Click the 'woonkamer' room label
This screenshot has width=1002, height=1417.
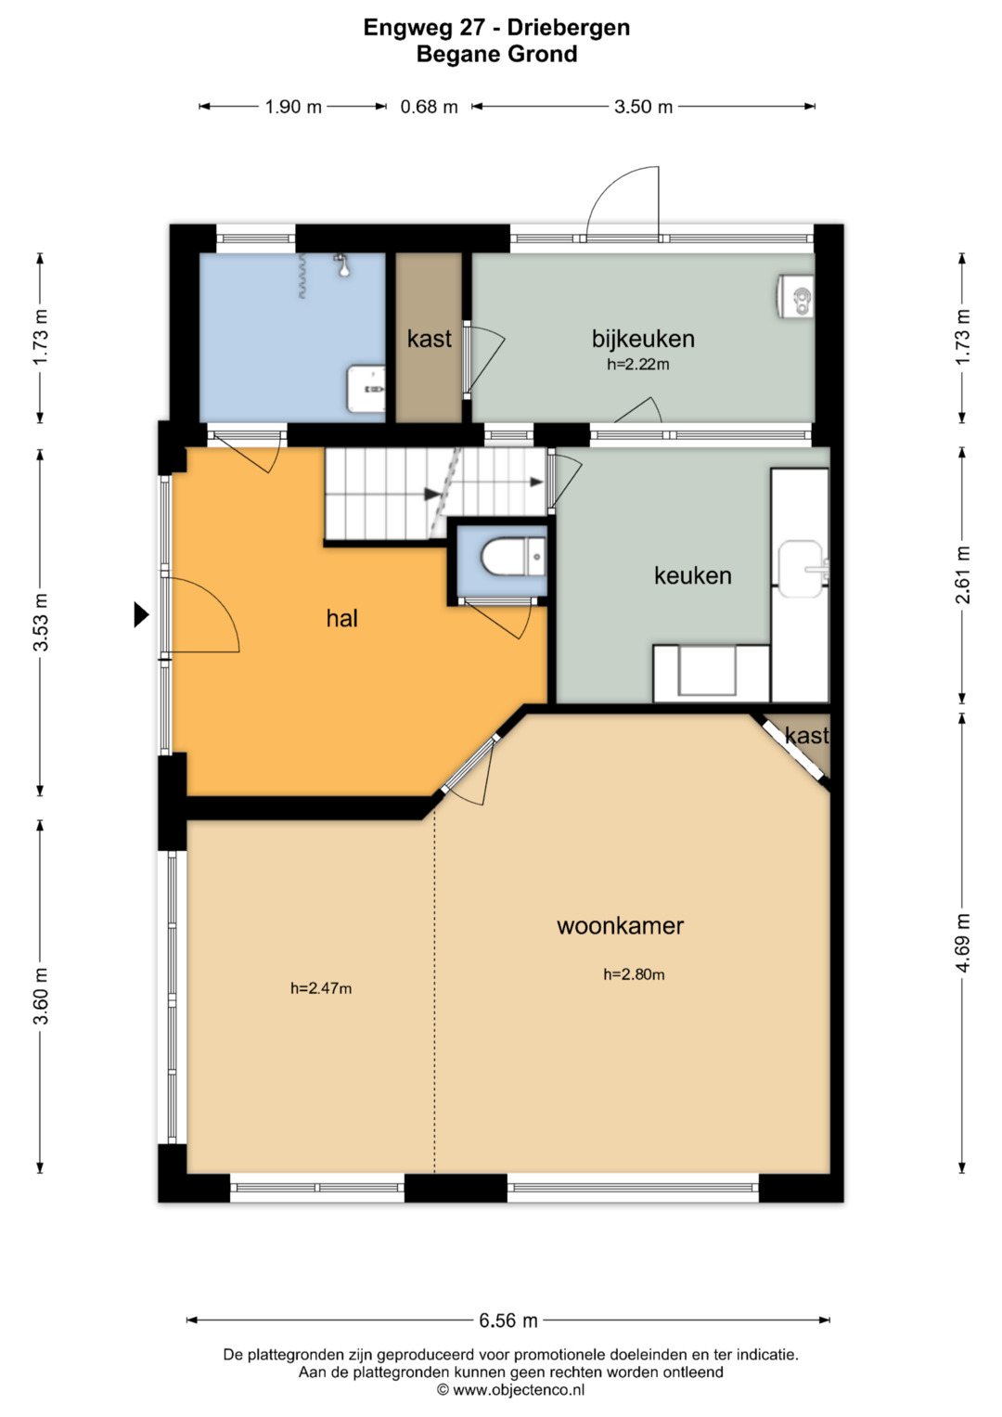click(620, 926)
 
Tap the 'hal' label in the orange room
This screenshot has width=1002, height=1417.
click(341, 618)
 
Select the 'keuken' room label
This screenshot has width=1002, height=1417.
click(693, 575)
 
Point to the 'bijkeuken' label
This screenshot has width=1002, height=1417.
click(643, 339)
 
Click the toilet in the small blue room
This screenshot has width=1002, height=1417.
click(513, 557)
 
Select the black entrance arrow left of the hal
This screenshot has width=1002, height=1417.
click(141, 614)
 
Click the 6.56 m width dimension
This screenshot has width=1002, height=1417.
click(508, 1320)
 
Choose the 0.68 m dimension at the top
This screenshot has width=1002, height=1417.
click(429, 107)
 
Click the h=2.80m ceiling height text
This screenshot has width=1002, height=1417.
click(634, 974)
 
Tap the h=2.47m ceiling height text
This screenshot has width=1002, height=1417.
click(321, 988)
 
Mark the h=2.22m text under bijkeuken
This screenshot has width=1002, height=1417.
click(638, 365)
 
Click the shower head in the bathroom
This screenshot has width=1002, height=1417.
click(343, 265)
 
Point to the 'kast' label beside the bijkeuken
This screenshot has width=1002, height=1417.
click(429, 339)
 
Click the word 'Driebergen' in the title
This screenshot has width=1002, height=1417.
click(569, 28)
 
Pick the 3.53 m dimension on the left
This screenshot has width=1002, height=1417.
click(41, 622)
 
